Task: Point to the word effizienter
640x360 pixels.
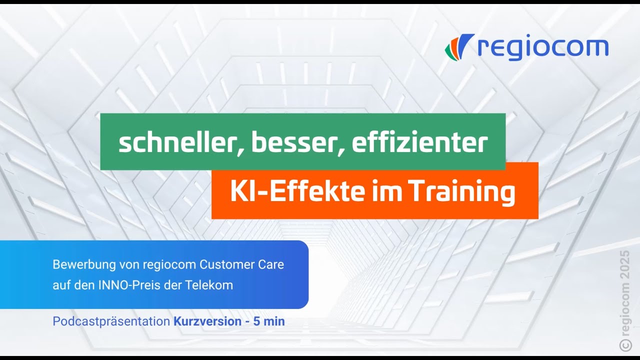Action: (419, 143)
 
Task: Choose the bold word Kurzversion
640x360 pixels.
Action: (207, 321)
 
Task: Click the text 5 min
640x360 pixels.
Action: (269, 321)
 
